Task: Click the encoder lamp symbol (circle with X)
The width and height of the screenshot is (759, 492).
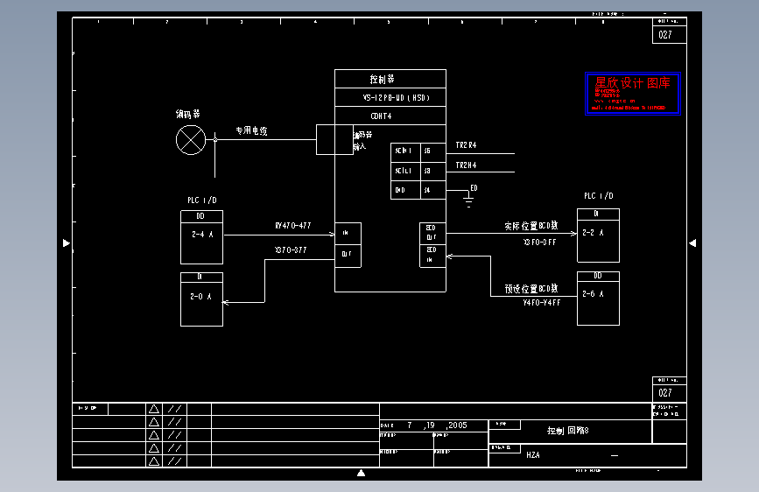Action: [190, 139]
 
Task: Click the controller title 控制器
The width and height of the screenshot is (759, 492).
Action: [383, 79]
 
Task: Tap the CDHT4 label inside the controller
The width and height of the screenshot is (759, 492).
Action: [381, 116]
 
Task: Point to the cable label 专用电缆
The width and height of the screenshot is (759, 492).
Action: [251, 131]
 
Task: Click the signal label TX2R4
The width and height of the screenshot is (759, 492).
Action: [466, 145]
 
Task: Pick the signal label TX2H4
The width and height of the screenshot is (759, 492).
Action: [466, 165]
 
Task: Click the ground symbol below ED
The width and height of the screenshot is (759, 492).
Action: [468, 203]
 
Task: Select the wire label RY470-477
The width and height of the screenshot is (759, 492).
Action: [293, 227]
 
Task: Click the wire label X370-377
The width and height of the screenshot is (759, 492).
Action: [291, 250]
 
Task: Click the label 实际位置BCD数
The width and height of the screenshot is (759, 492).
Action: [531, 227]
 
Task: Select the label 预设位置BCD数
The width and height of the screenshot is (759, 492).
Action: [531, 288]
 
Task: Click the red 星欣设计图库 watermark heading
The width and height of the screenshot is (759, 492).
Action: [632, 83]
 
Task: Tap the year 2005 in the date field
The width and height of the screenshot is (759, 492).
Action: [457, 425]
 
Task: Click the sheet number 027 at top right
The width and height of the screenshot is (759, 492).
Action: [665, 35]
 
